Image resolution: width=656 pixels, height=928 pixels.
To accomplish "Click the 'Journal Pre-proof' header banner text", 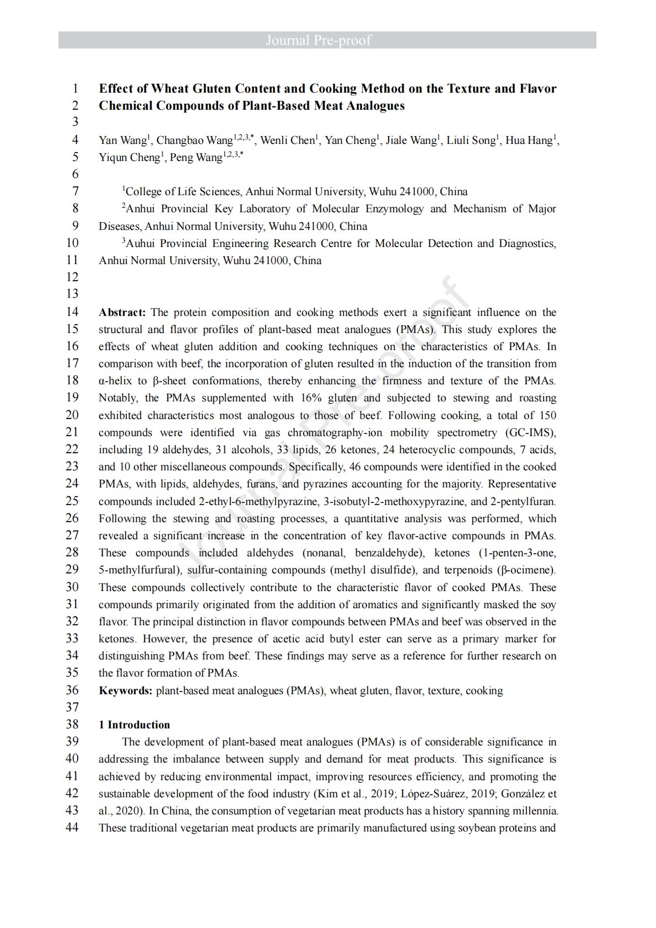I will (318, 40).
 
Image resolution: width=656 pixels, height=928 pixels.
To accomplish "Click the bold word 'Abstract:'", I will (122, 313).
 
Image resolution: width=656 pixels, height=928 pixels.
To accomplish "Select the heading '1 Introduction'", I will (134, 725).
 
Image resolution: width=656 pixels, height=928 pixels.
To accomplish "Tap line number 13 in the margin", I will (72, 294).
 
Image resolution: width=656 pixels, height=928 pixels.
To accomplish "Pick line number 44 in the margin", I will (72, 828).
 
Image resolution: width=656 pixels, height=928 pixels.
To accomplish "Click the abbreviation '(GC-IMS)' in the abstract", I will (530, 433).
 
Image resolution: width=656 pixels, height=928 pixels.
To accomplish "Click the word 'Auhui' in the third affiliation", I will (140, 244).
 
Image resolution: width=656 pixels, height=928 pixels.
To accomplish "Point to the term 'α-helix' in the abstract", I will (115, 381).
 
